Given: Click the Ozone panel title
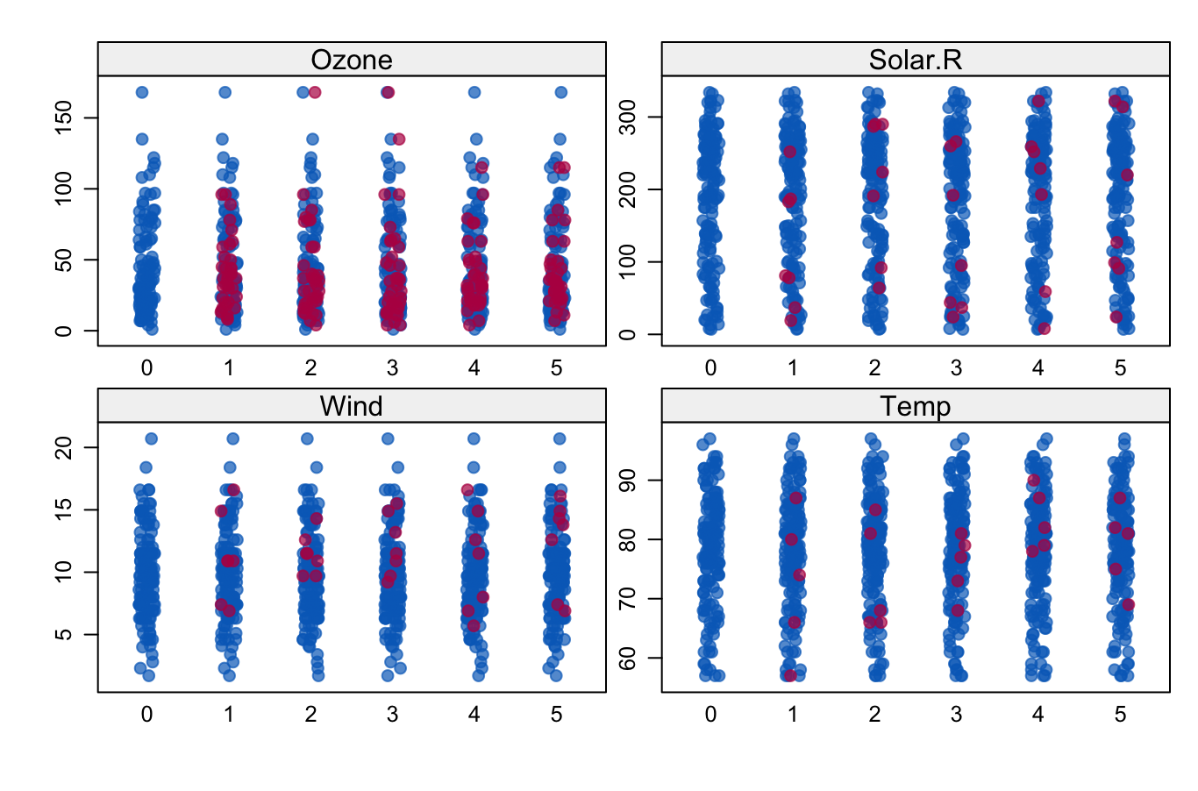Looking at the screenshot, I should pyautogui.click(x=352, y=60).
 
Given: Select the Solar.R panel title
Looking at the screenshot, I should pyautogui.click(x=915, y=60).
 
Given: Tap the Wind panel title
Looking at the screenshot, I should pyautogui.click(x=352, y=406).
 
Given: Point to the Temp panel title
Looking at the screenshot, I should pyautogui.click(x=915, y=406).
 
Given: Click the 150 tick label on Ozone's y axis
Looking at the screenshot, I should pyautogui.click(x=63, y=118).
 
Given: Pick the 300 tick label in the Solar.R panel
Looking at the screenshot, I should pyautogui.click(x=627, y=118).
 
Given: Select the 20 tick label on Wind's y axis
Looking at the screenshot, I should pyautogui.click(x=63, y=447).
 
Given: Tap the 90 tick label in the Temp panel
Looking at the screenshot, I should pyautogui.click(x=627, y=480).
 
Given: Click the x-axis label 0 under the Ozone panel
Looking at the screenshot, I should pyautogui.click(x=146, y=368).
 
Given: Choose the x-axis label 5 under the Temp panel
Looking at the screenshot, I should pyautogui.click(x=1120, y=715).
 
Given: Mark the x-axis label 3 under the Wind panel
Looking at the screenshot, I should pyautogui.click(x=392, y=715).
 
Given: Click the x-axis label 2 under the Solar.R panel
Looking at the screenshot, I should pyautogui.click(x=874, y=368).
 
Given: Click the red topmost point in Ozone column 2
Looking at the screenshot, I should pyautogui.click(x=315, y=92).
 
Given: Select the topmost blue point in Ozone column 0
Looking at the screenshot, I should pyautogui.click(x=142, y=92).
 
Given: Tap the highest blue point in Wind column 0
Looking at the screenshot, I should pyautogui.click(x=151, y=438).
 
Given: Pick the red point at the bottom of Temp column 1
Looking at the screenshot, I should pyautogui.click(x=790, y=675).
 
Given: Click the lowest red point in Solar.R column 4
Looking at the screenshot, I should pyautogui.click(x=1044, y=328).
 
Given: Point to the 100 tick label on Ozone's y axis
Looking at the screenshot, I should pyautogui.click(x=63, y=189).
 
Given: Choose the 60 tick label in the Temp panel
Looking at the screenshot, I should pyautogui.click(x=627, y=658).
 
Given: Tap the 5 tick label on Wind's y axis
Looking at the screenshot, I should pyautogui.click(x=63, y=634).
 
